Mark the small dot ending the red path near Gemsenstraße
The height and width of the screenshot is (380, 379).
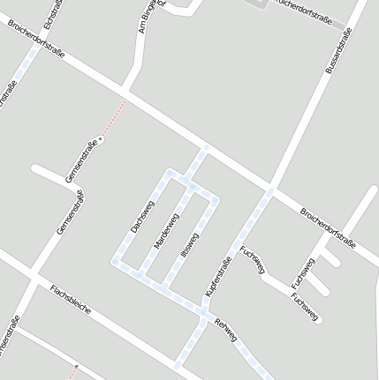(102, 139)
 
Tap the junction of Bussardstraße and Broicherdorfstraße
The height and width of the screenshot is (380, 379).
(271, 190)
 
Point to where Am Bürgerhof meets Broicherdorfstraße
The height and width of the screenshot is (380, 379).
(126, 92)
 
